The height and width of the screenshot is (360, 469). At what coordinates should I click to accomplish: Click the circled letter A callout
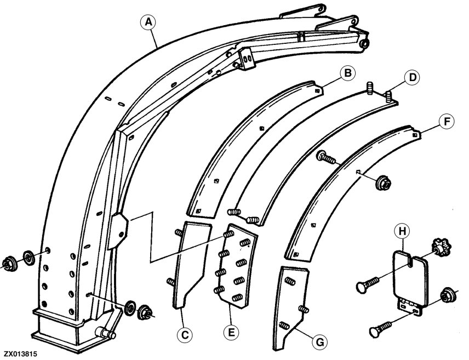(148, 22)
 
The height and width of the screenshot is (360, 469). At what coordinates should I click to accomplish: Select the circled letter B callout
(347, 73)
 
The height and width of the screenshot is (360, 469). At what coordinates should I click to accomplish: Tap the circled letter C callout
(185, 335)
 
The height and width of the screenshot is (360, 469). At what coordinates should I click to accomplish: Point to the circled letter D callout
(413, 77)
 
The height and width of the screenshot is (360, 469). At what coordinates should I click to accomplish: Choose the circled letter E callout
(231, 333)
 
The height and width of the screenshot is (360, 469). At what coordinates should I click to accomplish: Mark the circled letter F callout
(447, 122)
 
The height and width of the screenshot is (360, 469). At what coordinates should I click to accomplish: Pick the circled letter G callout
(320, 342)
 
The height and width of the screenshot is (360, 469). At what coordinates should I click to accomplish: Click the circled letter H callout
(402, 231)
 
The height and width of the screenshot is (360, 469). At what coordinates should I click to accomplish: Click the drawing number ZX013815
(21, 354)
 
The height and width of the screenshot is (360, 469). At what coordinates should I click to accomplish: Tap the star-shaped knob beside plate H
(441, 248)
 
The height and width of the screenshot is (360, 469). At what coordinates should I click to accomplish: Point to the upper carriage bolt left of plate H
(367, 284)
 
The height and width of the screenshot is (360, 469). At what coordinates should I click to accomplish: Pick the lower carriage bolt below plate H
(380, 329)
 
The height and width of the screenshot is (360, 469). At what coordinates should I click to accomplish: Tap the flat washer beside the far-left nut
(29, 258)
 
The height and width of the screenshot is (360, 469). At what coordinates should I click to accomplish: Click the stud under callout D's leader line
(388, 96)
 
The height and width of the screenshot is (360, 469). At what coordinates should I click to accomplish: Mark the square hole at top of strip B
(318, 90)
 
